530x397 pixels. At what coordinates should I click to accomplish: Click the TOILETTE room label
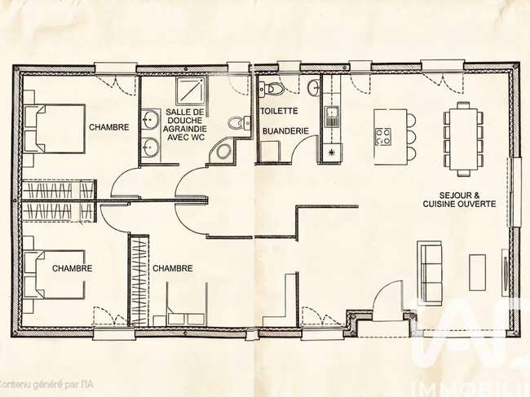click(x=279, y=111)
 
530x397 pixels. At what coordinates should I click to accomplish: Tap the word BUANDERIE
click(x=285, y=131)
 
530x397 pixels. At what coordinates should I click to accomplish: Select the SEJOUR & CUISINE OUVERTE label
click(x=459, y=200)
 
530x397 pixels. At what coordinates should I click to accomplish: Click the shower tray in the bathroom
click(x=191, y=90)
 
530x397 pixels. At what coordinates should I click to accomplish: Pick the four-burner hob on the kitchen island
click(x=383, y=136)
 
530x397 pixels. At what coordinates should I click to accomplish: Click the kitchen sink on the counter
click(x=332, y=117)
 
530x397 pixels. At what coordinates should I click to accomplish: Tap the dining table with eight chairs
click(x=463, y=139)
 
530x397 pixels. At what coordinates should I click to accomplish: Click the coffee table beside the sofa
click(x=477, y=272)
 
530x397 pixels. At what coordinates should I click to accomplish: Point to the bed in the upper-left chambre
click(x=54, y=129)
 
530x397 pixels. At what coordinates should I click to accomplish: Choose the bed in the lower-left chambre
click(x=54, y=275)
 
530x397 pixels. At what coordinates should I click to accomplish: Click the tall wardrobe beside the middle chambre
click(x=139, y=281)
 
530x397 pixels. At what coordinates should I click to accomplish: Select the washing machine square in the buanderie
click(x=270, y=151)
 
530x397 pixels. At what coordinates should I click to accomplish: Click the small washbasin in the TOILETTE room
click(x=314, y=87)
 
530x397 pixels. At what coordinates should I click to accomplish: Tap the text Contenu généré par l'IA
click(x=46, y=384)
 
